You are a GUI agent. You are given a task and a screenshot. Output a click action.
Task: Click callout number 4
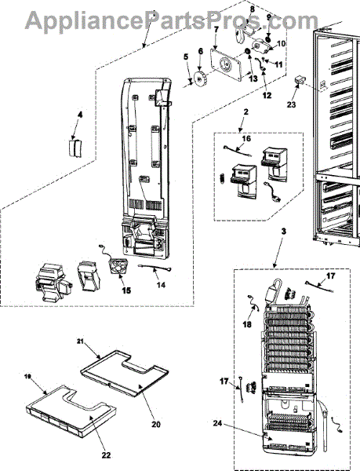click(80, 115)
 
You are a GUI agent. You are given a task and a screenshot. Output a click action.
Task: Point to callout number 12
click(267, 95)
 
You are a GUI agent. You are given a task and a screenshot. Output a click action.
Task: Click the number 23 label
click(291, 104)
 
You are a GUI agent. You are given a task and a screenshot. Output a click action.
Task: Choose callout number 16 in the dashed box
click(246, 138)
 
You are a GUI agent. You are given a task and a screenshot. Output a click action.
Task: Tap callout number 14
click(161, 284)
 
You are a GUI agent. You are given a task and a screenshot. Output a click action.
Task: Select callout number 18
click(247, 324)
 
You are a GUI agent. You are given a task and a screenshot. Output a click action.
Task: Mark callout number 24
click(218, 423)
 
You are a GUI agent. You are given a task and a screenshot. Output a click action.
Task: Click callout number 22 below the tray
click(106, 455)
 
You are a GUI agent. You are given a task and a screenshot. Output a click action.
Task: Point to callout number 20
click(156, 424)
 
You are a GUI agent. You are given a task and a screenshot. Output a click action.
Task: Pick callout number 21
click(81, 341)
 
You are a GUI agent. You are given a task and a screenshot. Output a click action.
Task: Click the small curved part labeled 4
click(75, 148)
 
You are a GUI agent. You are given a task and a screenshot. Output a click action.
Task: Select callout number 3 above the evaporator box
click(284, 232)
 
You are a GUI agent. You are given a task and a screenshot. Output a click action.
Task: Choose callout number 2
click(246, 112)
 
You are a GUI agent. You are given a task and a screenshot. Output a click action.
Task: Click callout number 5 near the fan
click(186, 57)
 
